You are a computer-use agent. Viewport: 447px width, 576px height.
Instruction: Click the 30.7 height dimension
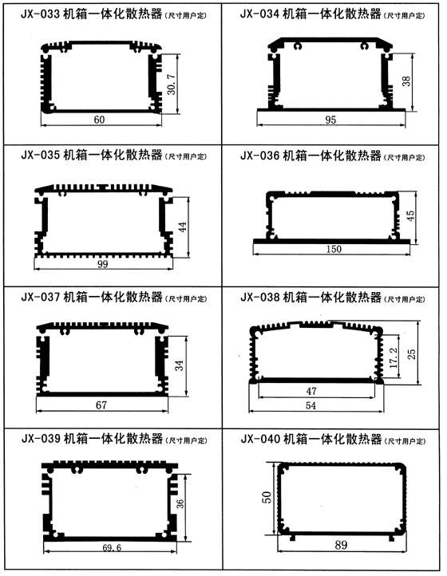[172, 85]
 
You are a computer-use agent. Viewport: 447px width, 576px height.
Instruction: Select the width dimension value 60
[99, 120]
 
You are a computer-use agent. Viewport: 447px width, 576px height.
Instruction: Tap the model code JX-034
[260, 14]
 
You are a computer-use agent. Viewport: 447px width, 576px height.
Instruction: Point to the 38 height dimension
[406, 81]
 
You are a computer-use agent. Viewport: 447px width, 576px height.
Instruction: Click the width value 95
[330, 120]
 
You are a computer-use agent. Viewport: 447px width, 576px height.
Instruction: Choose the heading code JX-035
[41, 155]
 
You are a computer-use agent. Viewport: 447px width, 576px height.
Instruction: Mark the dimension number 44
[183, 227]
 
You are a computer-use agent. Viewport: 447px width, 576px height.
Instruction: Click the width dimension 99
[102, 264]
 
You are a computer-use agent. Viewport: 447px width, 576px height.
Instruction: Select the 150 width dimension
[334, 249]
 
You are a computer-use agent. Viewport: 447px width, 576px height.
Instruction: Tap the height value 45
[409, 215]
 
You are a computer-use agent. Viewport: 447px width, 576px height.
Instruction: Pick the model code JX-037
[41, 297]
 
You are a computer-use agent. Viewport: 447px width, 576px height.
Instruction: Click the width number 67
[101, 404]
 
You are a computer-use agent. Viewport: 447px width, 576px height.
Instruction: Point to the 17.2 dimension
[394, 357]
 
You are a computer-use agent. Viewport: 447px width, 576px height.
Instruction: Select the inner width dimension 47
[311, 391]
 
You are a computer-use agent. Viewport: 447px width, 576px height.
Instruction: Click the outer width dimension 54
[311, 405]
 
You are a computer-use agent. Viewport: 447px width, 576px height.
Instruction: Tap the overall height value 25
[412, 353]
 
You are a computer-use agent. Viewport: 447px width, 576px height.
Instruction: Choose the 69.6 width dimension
[112, 548]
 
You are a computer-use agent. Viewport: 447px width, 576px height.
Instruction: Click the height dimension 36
[180, 503]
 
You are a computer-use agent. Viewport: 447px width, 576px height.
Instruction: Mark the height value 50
[268, 497]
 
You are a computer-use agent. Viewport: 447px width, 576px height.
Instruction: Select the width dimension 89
[341, 544]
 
